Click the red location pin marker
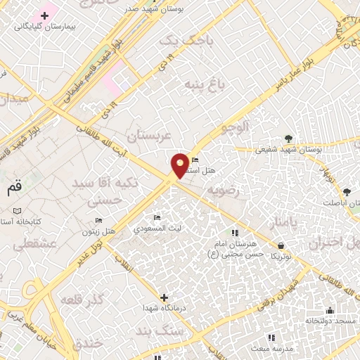coord(181,165)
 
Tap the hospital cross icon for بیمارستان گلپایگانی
coord(45,15)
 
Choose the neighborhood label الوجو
coord(233,128)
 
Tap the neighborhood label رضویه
coord(224,191)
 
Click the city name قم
coord(13,188)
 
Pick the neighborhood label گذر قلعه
coord(82,300)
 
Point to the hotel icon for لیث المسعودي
coord(157,217)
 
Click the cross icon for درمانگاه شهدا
coord(164,297)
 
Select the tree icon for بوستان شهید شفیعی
coord(289,138)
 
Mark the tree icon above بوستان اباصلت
coord(347,191)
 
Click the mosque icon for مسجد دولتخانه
coord(330,310)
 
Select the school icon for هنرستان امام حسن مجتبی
coord(235,233)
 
